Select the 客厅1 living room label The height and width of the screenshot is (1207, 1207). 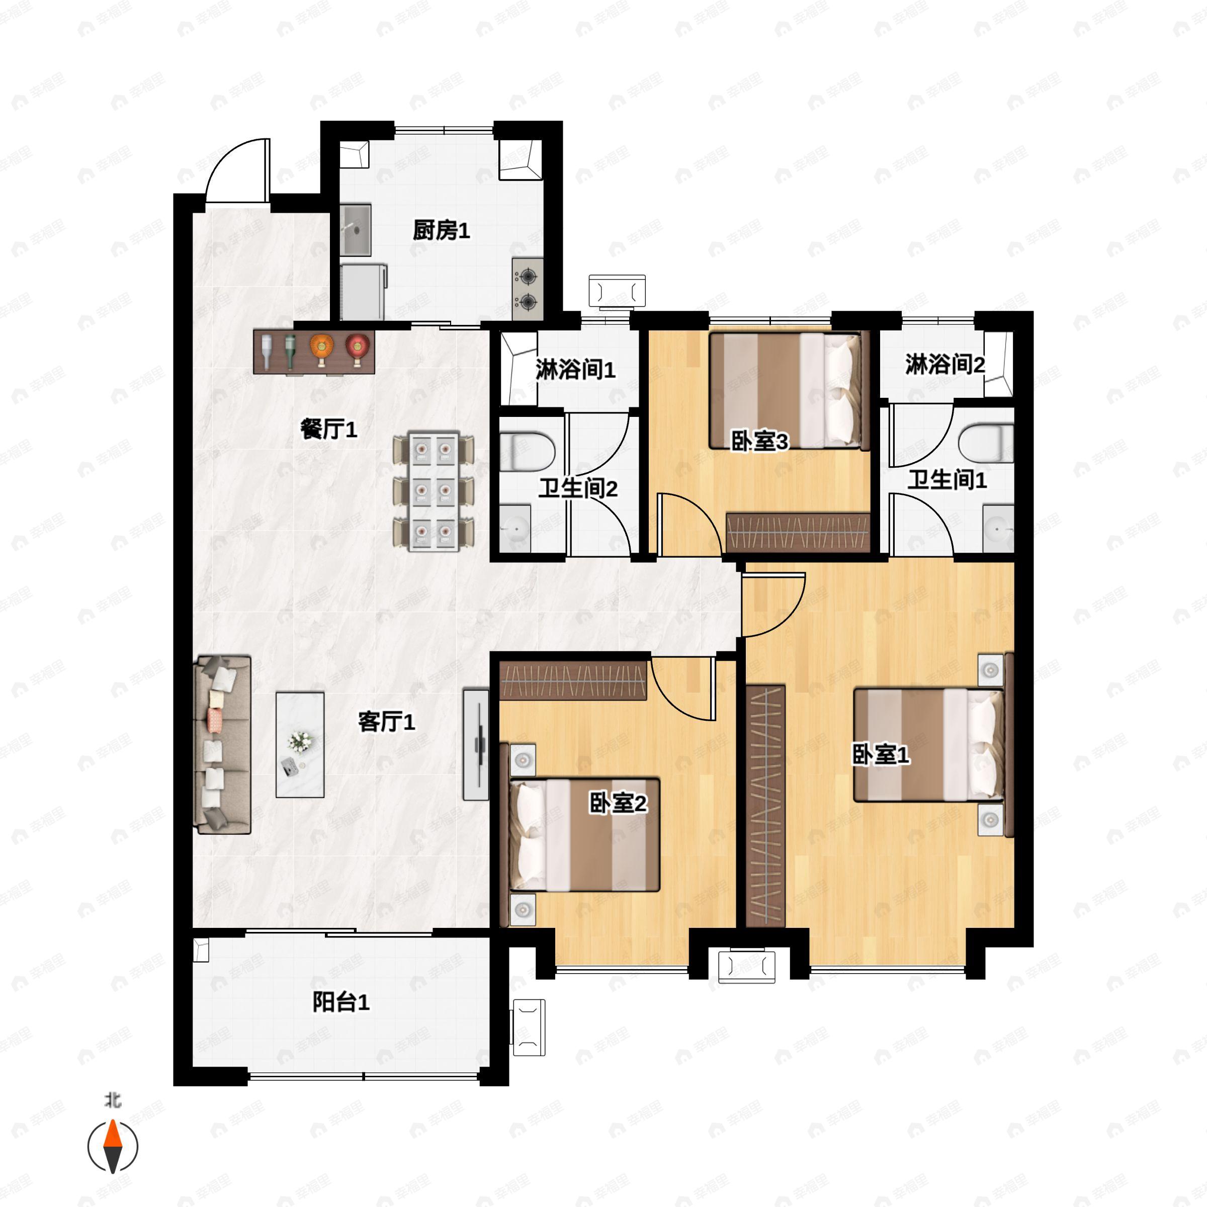386,722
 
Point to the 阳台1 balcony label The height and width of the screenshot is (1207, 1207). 340,1002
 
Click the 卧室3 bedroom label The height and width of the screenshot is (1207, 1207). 760,441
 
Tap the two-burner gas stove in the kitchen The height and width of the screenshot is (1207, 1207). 528,289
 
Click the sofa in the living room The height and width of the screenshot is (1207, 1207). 224,745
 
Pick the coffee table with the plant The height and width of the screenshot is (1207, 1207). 300,744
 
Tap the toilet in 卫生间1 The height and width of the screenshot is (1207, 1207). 985,444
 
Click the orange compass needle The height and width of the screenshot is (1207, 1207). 113,1146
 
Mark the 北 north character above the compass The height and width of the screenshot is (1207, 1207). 113,1099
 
